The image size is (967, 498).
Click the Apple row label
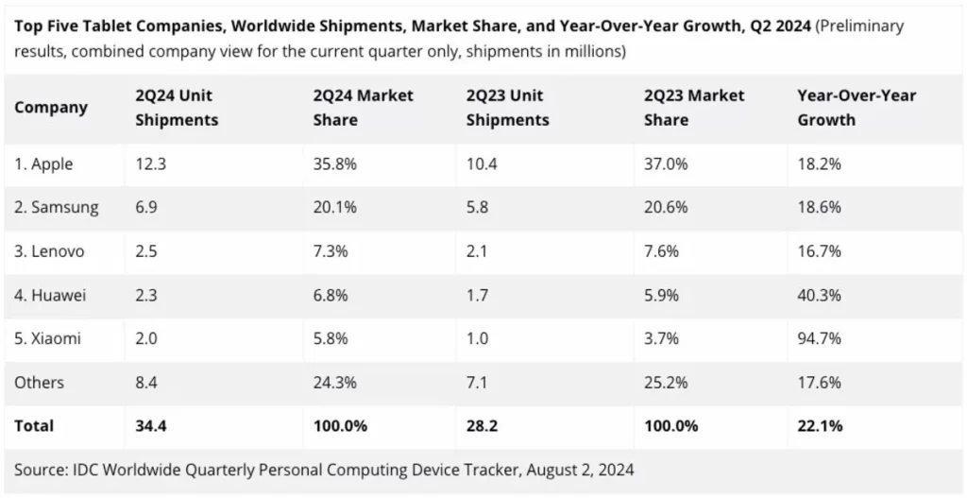[x=43, y=163]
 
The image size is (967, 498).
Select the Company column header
[x=51, y=108]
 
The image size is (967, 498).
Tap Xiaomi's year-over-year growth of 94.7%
[x=819, y=338]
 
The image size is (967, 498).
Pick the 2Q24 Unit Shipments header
[x=177, y=108]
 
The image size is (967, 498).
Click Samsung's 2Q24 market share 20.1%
[x=335, y=208]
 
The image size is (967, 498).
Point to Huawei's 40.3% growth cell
[x=819, y=295]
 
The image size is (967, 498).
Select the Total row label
[x=34, y=425]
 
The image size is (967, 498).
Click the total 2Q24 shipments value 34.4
[x=151, y=425]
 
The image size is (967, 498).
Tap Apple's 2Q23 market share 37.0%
[x=666, y=163]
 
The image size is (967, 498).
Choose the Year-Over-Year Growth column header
[x=857, y=108]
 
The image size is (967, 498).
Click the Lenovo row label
[x=50, y=251]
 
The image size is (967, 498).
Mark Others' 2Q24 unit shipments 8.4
[x=147, y=382]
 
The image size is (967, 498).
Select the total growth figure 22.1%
[x=820, y=425]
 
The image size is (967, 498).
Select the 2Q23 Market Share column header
[x=694, y=108]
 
